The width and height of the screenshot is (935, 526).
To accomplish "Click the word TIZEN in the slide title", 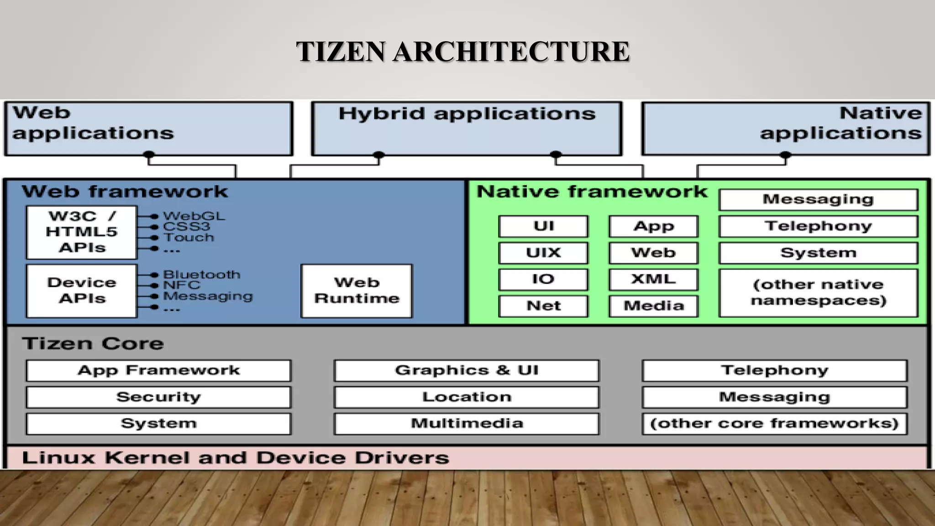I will (x=341, y=51).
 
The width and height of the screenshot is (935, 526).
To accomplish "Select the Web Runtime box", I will (x=357, y=291).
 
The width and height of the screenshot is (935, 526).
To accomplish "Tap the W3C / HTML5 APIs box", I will (x=82, y=232).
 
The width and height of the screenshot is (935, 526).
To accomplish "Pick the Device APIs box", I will (x=82, y=291).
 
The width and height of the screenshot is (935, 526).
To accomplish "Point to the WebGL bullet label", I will (x=194, y=216).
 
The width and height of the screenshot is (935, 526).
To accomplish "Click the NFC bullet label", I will (x=182, y=285).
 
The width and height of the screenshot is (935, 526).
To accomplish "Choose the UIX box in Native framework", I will (x=543, y=253).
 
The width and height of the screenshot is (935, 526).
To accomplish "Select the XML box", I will (x=653, y=279).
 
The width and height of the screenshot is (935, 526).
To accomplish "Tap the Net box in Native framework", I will (x=543, y=306).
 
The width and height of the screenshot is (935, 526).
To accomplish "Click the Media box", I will (x=653, y=306).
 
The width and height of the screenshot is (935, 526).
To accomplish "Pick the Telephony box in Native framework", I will (x=818, y=226).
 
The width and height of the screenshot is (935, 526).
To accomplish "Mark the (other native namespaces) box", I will (x=818, y=293).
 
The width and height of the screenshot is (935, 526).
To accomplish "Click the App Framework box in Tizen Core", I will (x=158, y=370).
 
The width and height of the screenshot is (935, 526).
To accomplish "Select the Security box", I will (x=158, y=397).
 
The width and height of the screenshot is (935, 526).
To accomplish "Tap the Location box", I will (x=467, y=397).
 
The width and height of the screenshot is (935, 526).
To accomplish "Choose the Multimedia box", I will (x=467, y=424).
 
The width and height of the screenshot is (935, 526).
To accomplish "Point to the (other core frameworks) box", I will (x=774, y=424).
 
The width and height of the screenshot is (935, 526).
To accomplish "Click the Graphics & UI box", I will (x=467, y=370).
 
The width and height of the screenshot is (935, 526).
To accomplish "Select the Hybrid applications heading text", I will (x=467, y=114).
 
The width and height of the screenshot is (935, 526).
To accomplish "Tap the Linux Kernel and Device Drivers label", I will (x=236, y=458).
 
